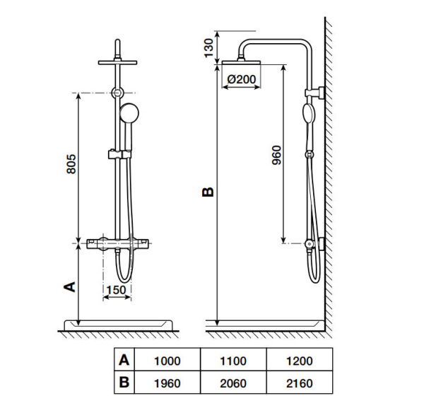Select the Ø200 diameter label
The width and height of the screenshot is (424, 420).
pos(242,80)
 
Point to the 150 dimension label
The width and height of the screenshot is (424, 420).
pos(116,288)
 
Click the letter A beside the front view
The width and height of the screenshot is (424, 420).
pos(69,286)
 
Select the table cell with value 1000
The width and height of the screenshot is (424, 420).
pos(167,361)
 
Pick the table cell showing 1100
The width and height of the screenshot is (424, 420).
pos(233,361)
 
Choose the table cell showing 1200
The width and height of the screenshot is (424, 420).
pos(299,361)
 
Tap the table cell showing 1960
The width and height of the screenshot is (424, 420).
pos(167,383)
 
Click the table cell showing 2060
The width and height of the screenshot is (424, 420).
pos(233,383)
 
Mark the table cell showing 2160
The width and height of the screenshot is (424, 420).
pos(299,383)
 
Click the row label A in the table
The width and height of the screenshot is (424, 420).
pos(124,361)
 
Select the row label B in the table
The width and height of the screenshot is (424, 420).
pos(124,383)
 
